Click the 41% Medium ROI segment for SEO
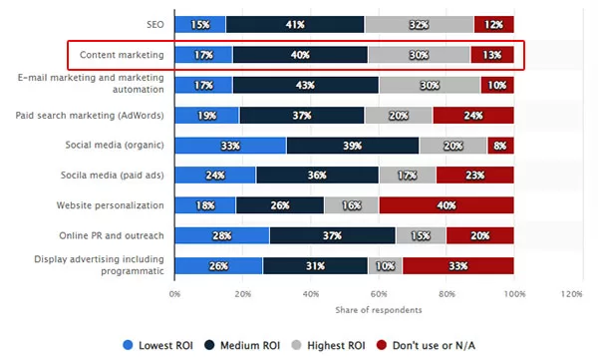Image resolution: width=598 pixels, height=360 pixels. pos(295,25)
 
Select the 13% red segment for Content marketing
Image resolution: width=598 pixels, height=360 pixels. pos(492,55)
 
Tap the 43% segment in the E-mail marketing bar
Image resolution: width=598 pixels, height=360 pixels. pos(306,85)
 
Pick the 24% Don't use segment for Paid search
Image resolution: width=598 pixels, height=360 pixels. pos(473,116)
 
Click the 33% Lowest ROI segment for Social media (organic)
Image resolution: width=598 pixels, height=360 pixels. pos(230,146)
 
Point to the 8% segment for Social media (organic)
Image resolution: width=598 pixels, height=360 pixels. pos(500,146)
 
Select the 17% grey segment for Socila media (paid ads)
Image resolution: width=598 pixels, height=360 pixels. pos(408,176)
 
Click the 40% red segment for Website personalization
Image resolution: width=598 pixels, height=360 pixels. pos(447,205)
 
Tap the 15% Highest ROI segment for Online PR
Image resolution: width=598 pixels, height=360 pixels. pos(421,235)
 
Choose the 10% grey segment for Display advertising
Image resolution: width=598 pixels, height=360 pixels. pos(385,265)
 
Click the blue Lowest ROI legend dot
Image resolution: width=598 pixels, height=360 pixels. pos(129,345)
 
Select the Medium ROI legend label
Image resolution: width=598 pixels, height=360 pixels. pos(250,345)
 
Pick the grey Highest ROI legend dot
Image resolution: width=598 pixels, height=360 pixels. pos(296,345)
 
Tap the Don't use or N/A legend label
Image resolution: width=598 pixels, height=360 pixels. pos(434,345)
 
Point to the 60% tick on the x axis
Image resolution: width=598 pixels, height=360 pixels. pos(379,294)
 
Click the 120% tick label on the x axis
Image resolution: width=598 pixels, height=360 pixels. pos(571,294)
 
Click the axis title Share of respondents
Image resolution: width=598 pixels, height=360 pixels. pos(379,310)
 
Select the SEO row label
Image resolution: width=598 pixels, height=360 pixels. pos(155,25)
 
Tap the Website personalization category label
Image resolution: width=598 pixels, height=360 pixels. pos(111,205)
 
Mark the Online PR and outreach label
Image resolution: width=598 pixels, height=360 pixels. pos(112,235)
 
